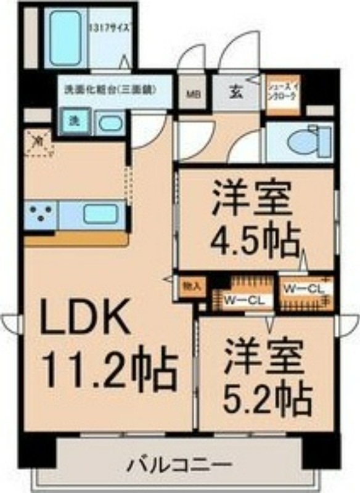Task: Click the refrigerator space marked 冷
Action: pos(38,143)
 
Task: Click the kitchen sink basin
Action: pos(100,214)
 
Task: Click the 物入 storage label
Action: pos(190,287)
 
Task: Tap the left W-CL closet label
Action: pos(244,300)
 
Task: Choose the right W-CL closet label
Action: pos(300,288)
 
